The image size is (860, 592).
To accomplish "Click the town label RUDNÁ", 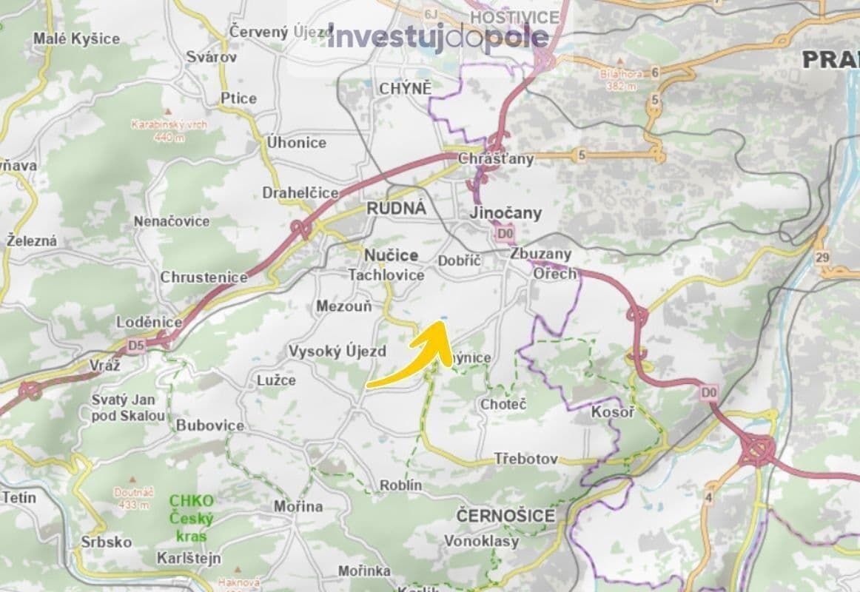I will pos(396,209).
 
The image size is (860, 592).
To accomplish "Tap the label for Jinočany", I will pos(506,213).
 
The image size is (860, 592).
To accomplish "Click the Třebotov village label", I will pos(526,460).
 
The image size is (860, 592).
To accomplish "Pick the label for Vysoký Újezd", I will pos(337,351).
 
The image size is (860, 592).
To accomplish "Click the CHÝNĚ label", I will pos(404,89).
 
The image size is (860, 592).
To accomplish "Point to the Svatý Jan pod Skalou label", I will pos(128,407).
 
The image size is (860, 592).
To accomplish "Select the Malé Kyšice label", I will pos(76,38).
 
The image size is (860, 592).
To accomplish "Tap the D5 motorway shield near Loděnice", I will pos(135,344).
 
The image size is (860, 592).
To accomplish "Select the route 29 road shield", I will pos(823,258).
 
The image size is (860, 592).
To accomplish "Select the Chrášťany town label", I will pos(495,159).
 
